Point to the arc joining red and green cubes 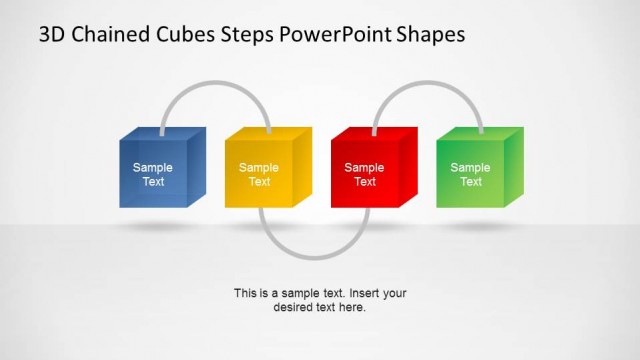click(428, 85)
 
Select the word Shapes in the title click(430, 35)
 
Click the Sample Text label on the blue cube click(153, 175)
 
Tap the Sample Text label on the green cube click(471, 175)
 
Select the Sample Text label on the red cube click(365, 175)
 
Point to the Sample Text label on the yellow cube click(259, 175)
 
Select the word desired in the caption click(293, 307)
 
